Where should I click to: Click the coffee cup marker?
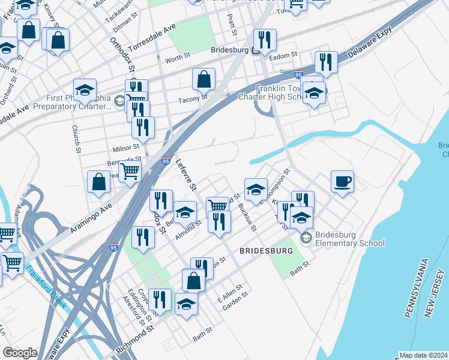[x=342, y=181]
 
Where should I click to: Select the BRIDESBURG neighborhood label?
[x=266, y=250]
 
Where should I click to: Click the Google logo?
[x=20, y=352]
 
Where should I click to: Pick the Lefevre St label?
[x=186, y=174]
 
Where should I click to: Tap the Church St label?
[x=76, y=139]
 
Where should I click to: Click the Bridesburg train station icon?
[x=255, y=51]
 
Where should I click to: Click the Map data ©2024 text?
[x=423, y=355]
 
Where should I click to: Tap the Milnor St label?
[x=126, y=146]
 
